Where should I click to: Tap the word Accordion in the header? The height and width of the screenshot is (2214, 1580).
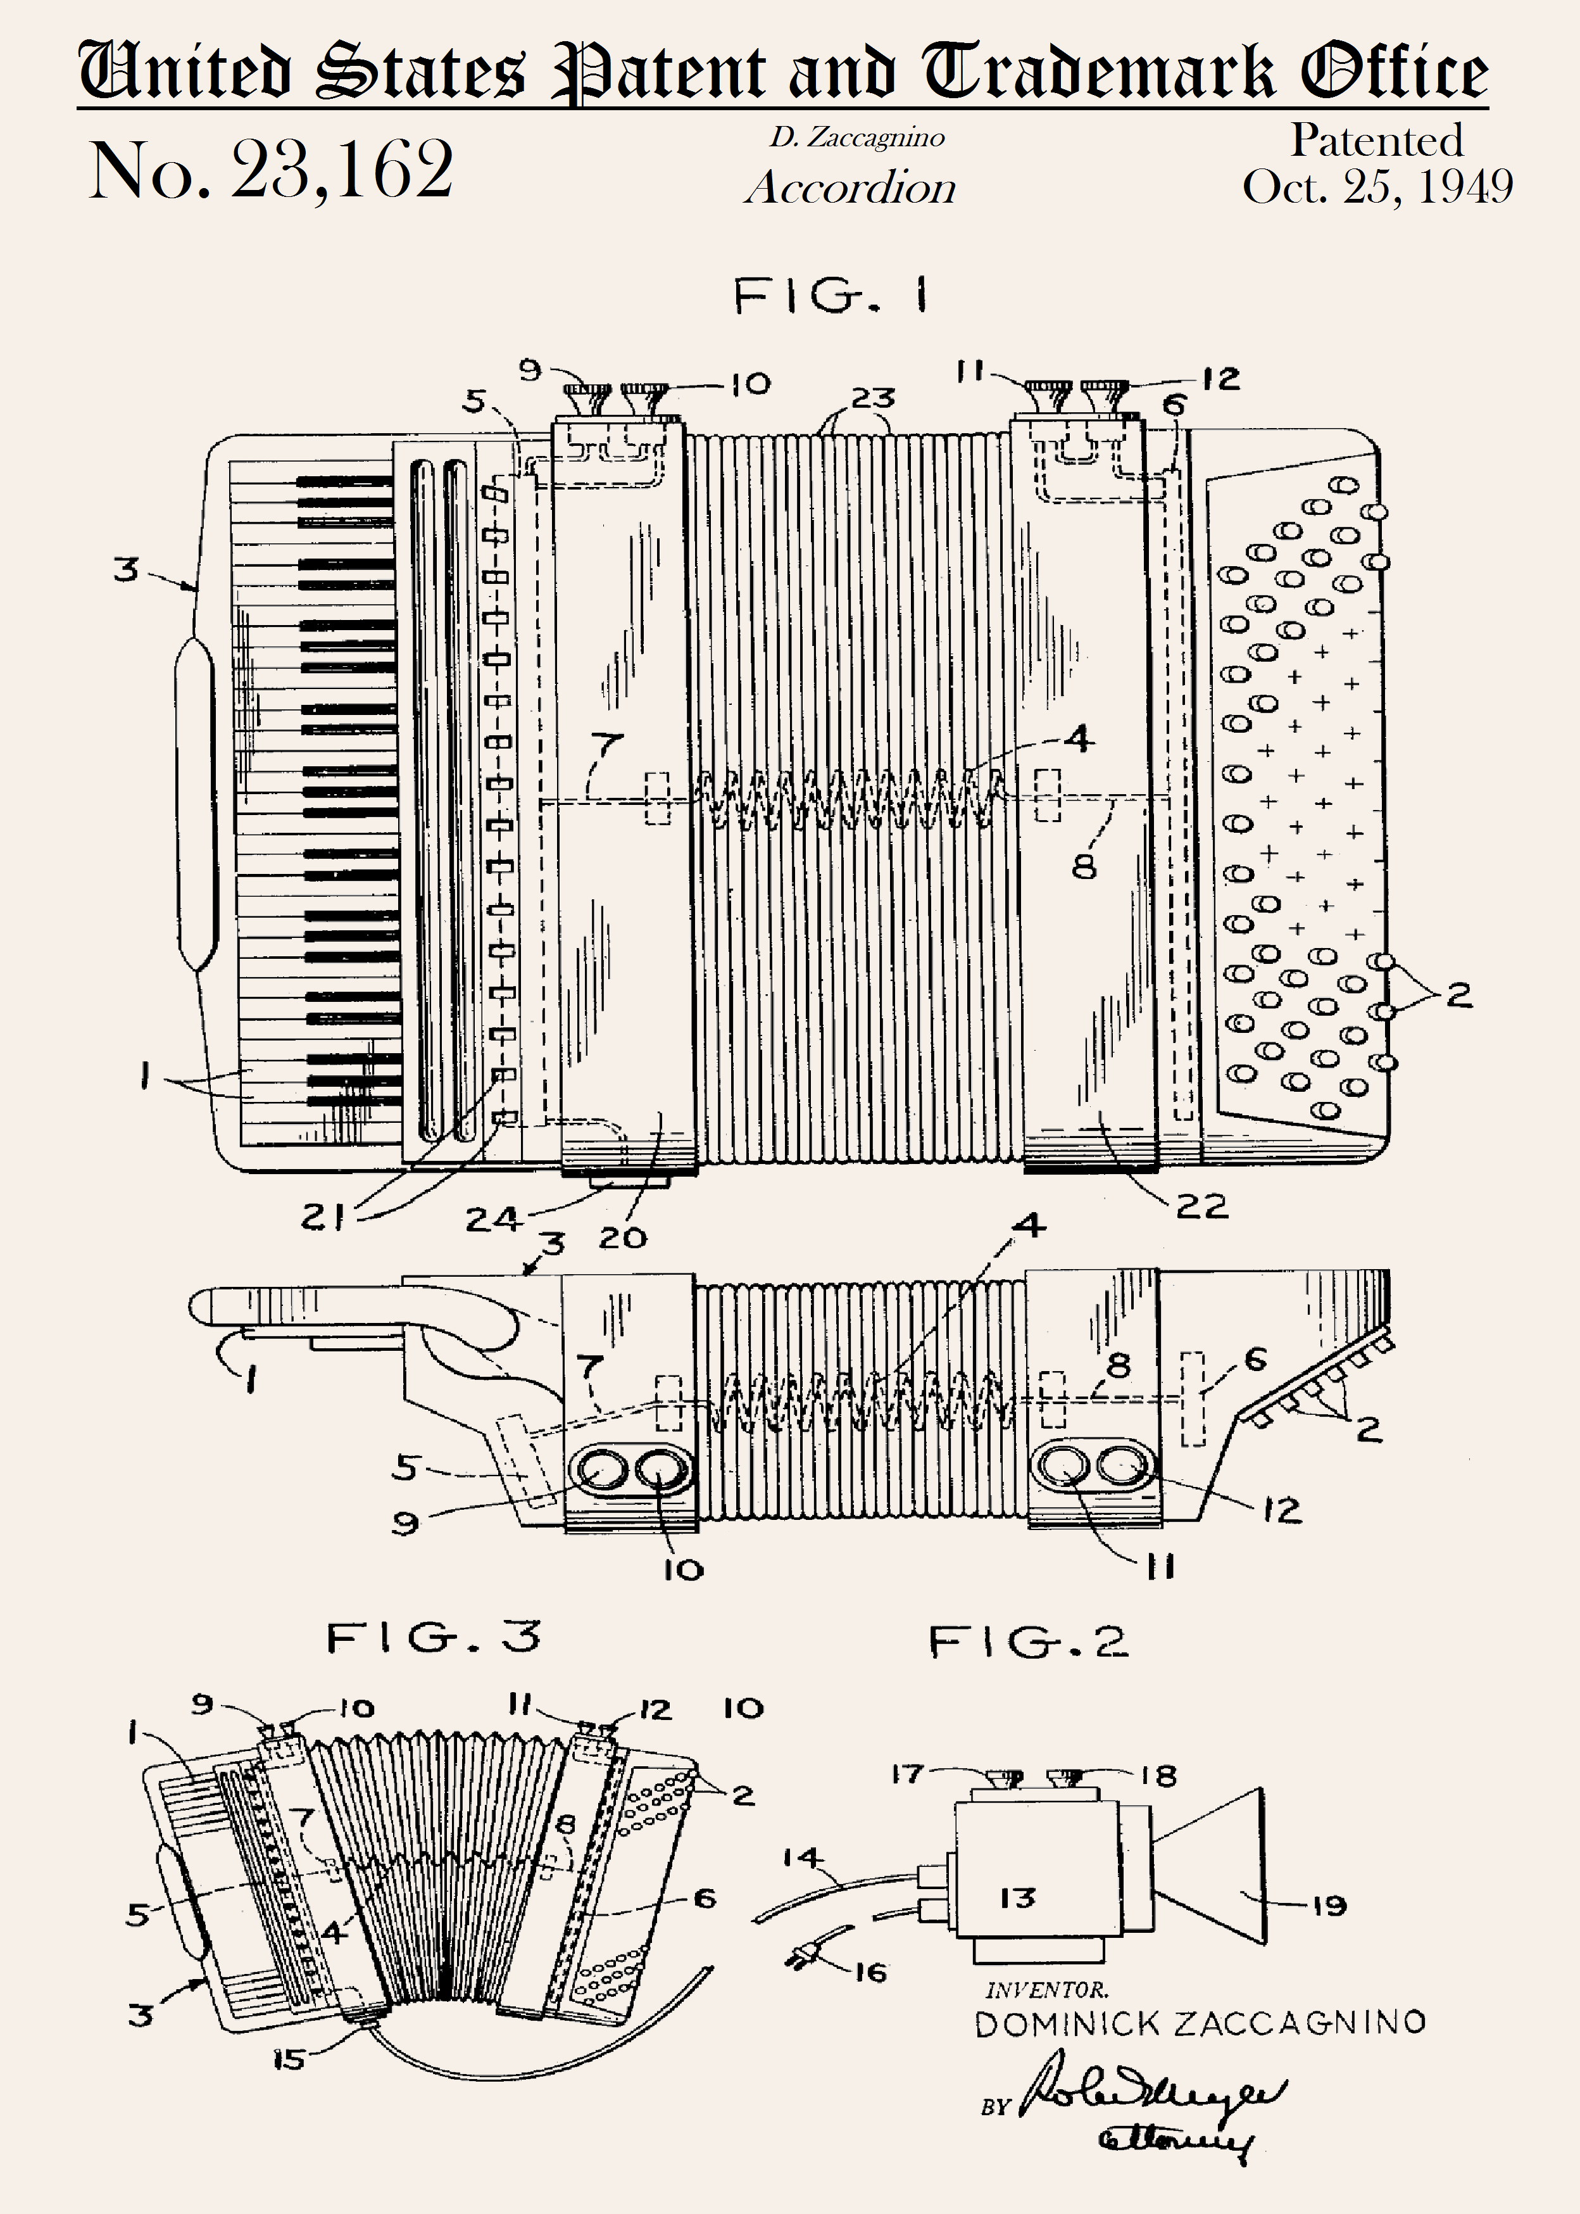pos(850,187)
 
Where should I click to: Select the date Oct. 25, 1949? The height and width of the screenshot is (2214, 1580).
pos(1377,187)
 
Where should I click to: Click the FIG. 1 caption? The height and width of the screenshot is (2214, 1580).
pos(830,295)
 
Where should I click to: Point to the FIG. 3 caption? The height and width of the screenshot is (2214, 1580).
pos(433,1638)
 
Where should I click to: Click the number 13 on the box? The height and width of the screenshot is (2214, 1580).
pos(1018,1897)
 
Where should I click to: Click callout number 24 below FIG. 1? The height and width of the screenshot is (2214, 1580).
pos(492,1218)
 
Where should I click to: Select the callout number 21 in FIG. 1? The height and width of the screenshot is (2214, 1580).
pos(323,1217)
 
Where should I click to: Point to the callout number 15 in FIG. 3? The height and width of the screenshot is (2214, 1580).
pos(289,2059)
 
